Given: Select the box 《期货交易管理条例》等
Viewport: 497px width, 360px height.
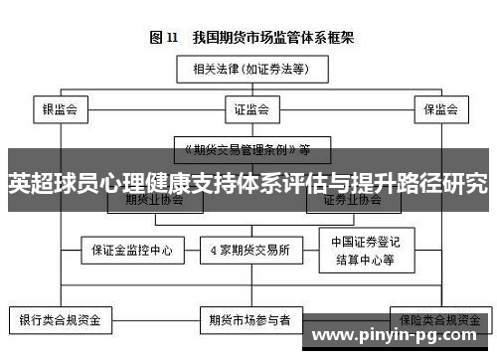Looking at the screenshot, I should (x=245, y=150).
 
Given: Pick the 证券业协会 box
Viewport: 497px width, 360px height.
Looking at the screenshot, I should (x=352, y=200).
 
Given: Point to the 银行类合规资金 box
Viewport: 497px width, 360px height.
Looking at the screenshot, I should (x=60, y=321).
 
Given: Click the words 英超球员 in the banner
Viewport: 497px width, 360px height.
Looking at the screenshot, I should (x=46, y=183).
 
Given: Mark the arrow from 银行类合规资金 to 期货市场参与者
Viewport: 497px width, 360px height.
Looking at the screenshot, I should (x=154, y=321).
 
